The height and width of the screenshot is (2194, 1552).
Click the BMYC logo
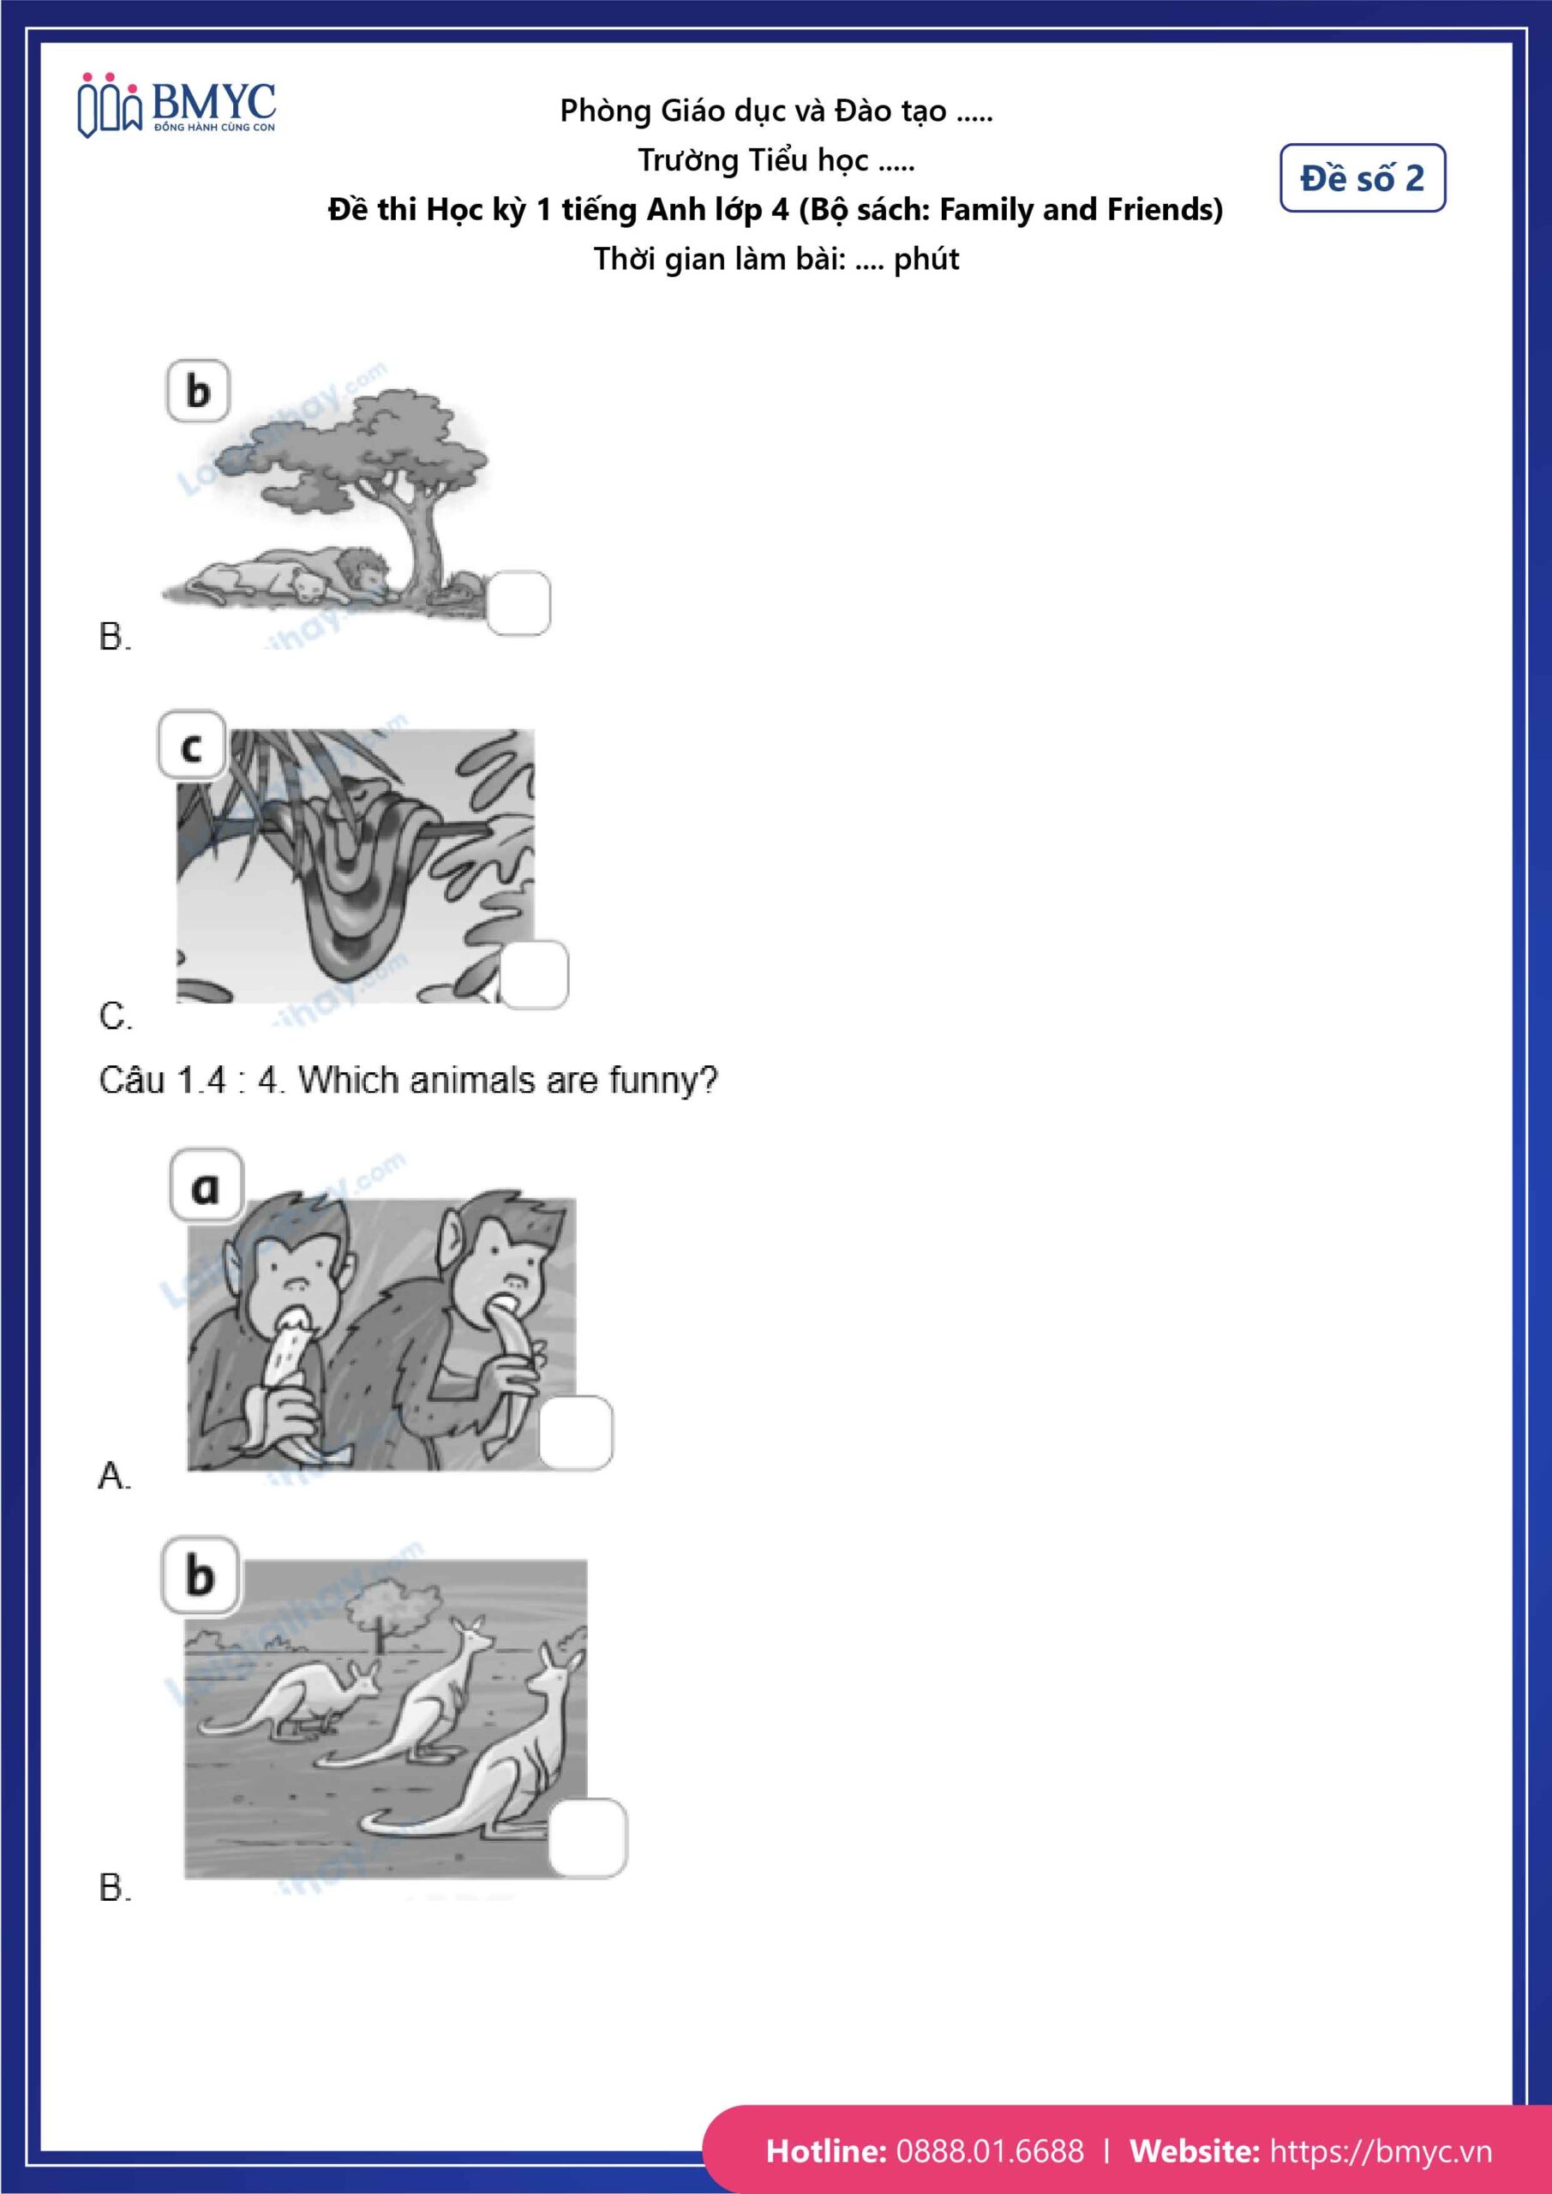pos(177,105)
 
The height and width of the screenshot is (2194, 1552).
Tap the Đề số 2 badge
pos(1362,177)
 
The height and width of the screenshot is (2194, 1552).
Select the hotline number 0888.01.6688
pos(990,2150)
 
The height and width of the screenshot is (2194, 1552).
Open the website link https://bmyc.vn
pos(1380,2151)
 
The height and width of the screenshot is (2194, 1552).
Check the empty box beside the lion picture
pos(518,603)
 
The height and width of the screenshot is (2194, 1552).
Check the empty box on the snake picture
pos(534,974)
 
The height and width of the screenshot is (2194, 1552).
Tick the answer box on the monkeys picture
pos(575,1432)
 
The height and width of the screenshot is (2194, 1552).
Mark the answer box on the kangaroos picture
pos(588,1837)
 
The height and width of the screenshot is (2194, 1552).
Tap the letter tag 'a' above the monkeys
pos(207,1185)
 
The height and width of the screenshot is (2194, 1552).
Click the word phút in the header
pos(926,259)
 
